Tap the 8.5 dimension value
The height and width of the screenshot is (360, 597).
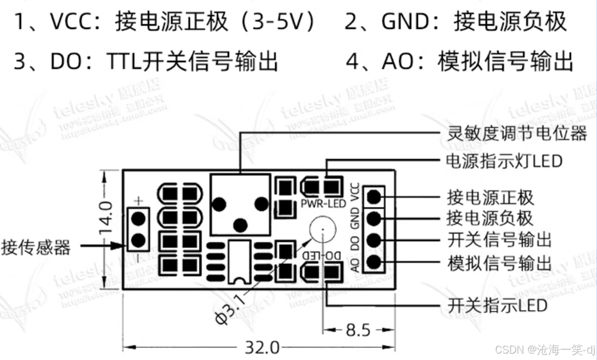pyautogui.click(x=358, y=330)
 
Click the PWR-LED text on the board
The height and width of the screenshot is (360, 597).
pyautogui.click(x=323, y=203)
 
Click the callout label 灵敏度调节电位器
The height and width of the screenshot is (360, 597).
pyautogui.click(x=517, y=134)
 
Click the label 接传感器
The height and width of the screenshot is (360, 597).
pyautogui.click(x=36, y=248)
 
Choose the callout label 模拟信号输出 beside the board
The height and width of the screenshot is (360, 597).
pyautogui.click(x=500, y=263)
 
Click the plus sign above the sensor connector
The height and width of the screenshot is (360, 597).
pyautogui.click(x=139, y=201)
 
